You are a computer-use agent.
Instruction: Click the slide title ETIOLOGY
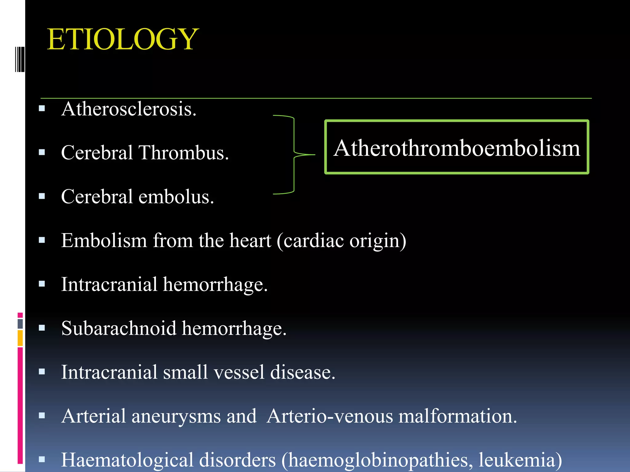point(122,39)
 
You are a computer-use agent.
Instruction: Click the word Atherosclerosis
point(129,109)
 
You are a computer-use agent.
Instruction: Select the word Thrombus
point(183,153)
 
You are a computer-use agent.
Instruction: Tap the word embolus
point(176,197)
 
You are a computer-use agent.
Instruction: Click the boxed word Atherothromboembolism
point(457,148)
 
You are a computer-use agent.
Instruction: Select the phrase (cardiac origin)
point(341,241)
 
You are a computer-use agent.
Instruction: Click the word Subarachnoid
point(119,328)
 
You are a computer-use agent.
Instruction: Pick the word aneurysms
point(176,416)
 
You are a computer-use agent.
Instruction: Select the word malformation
point(457,416)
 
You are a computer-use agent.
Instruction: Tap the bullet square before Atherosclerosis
point(42,108)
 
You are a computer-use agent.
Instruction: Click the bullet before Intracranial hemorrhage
point(42,284)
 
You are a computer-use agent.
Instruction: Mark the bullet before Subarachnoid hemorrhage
point(42,328)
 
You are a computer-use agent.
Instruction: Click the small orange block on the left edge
point(20,338)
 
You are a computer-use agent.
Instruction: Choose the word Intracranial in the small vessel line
point(109,372)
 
